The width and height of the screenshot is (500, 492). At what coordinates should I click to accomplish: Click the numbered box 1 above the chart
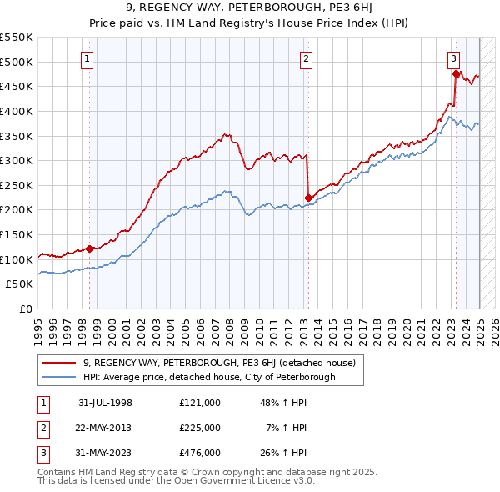[x=87, y=58]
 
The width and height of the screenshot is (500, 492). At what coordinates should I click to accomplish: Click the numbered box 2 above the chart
[x=307, y=58]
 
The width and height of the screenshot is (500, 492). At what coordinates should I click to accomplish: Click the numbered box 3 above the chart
[x=453, y=58]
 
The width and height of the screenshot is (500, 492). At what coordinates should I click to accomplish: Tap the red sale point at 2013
[x=308, y=198]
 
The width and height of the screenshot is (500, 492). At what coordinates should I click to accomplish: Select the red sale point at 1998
[x=90, y=249]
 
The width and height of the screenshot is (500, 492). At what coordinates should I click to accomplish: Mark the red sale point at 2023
[x=457, y=74]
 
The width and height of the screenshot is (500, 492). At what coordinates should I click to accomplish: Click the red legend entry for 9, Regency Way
[x=219, y=363]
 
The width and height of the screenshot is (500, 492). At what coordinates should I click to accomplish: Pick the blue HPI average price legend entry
[x=208, y=377]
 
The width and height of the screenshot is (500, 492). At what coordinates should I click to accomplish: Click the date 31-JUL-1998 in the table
[x=105, y=403]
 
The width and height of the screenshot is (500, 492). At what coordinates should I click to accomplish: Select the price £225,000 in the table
[x=200, y=428]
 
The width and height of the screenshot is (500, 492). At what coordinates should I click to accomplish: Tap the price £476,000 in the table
[x=200, y=453]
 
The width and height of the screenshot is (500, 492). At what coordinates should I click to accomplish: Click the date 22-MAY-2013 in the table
[x=105, y=428]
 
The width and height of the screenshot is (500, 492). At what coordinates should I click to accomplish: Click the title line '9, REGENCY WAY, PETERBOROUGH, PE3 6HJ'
[x=249, y=11]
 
